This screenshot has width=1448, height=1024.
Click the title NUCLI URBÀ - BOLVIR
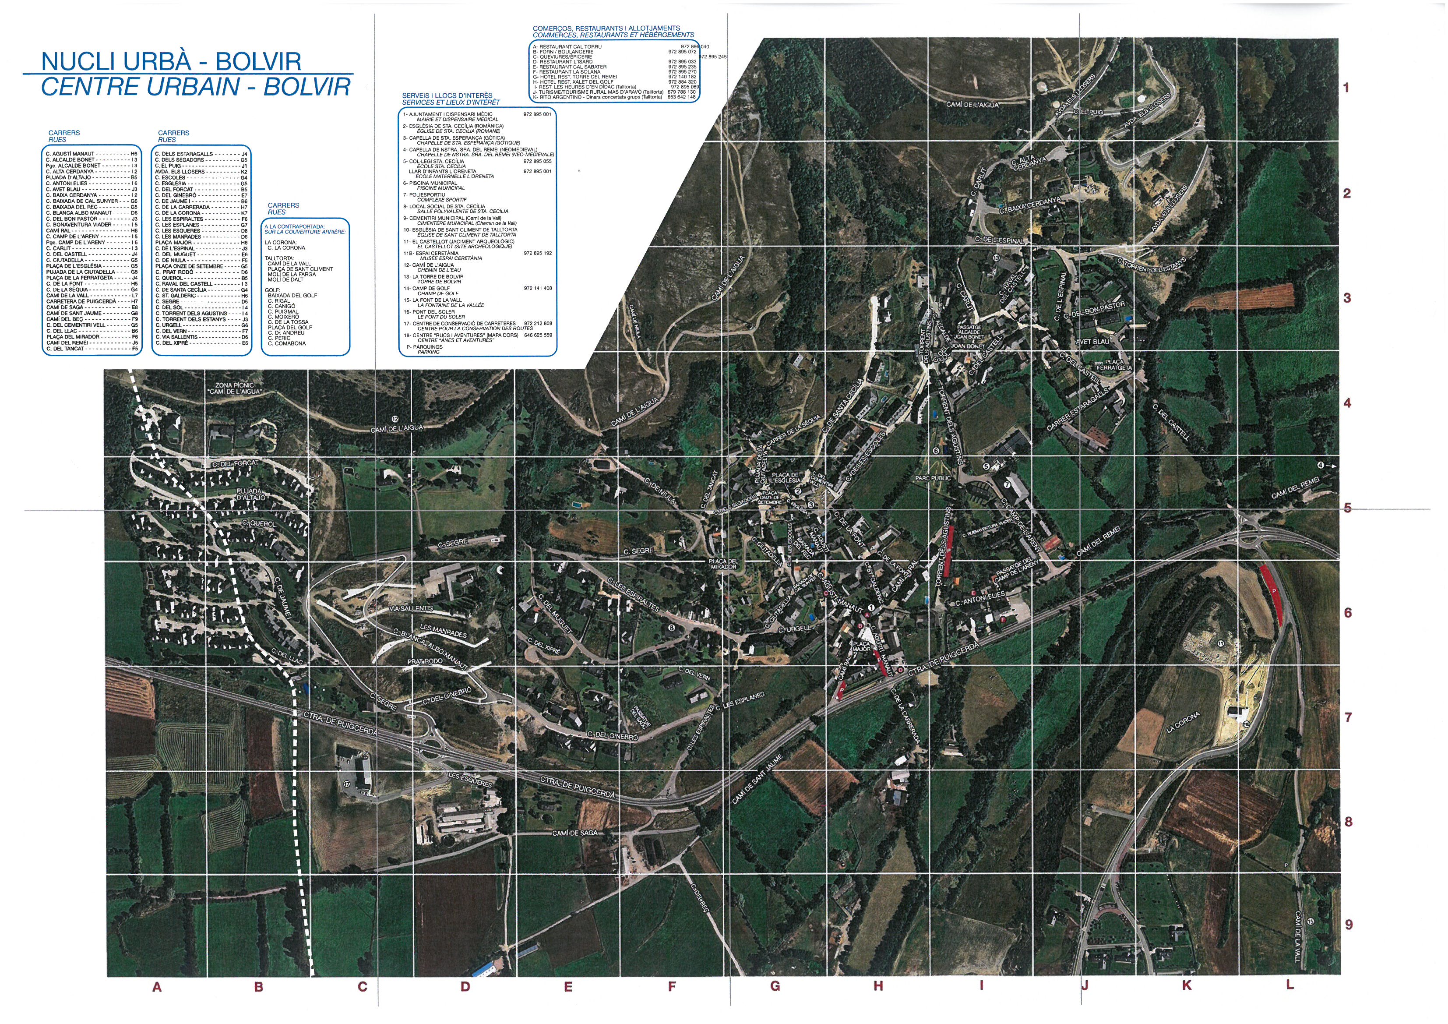point(171,61)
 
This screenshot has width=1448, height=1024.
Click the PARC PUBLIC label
point(933,478)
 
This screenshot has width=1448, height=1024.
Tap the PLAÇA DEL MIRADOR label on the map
point(723,563)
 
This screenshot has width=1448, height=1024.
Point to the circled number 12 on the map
point(395,419)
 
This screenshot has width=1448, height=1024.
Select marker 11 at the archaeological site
point(1221,643)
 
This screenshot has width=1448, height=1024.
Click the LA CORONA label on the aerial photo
point(1183,722)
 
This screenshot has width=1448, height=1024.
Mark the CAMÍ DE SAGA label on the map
point(574,833)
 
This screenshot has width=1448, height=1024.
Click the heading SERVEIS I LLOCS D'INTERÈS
point(447,96)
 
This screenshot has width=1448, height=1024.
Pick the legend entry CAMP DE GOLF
point(435,288)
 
